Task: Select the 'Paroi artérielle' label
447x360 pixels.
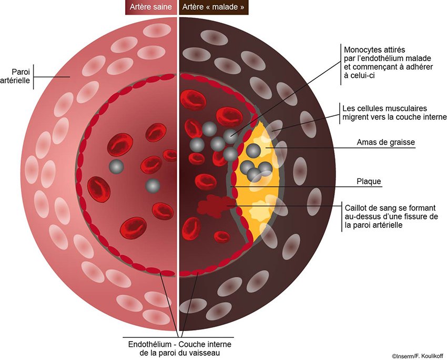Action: point(21,76)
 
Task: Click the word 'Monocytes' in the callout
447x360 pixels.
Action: point(360,48)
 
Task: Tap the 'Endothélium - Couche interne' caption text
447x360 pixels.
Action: point(179,344)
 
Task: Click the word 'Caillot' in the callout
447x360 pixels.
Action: point(354,207)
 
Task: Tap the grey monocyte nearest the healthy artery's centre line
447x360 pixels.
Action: point(153,185)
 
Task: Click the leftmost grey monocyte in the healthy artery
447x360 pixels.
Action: point(116,167)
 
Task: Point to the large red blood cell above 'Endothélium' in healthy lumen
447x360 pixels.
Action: point(133,227)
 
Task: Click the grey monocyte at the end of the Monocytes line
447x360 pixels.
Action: point(230,136)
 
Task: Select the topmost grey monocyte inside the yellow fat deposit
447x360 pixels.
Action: point(253,151)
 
